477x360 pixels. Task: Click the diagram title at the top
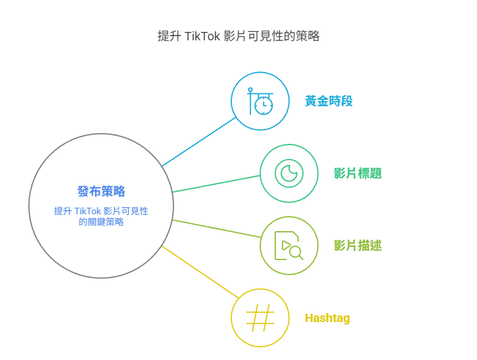238,36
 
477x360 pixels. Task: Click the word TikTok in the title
202,36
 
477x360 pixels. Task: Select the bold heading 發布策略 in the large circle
101,191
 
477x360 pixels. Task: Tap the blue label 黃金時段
329,101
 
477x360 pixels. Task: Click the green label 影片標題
358,173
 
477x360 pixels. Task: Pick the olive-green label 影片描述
358,246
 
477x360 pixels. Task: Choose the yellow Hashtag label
327,318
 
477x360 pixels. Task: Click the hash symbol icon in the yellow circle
260,318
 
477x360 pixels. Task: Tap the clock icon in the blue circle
263,105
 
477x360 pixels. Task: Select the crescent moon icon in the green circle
289,173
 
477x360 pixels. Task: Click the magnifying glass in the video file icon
296,253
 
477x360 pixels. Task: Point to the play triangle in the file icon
286,245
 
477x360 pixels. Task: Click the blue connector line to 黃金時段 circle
199,141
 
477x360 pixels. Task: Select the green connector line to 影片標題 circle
216,184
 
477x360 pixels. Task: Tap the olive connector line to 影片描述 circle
217,228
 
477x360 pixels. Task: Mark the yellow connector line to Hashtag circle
200,272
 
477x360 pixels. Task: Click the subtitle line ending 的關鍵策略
101,222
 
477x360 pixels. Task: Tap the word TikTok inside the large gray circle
87,211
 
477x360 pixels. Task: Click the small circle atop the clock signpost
251,90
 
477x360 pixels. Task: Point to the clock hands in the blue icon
265,104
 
